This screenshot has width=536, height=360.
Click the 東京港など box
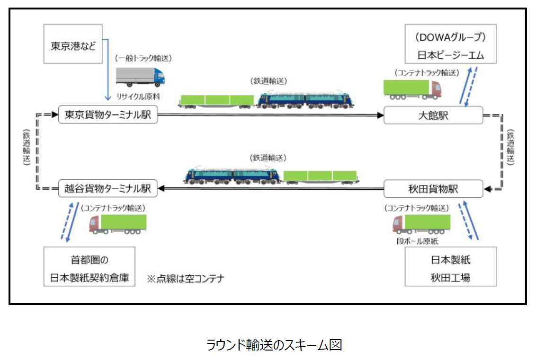point(73,46)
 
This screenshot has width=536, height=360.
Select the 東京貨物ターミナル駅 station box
point(107,115)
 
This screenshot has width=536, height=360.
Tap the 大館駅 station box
point(433,115)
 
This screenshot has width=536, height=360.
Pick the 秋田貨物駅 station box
point(433,189)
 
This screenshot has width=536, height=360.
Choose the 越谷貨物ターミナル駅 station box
point(107,189)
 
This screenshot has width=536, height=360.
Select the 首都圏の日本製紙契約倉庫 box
point(89,268)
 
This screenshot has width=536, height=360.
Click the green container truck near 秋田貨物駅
point(421,224)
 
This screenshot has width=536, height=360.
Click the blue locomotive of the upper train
point(306,99)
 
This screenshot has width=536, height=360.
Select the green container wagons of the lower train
point(320,176)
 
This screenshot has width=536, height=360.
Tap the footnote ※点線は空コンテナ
point(186,278)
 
